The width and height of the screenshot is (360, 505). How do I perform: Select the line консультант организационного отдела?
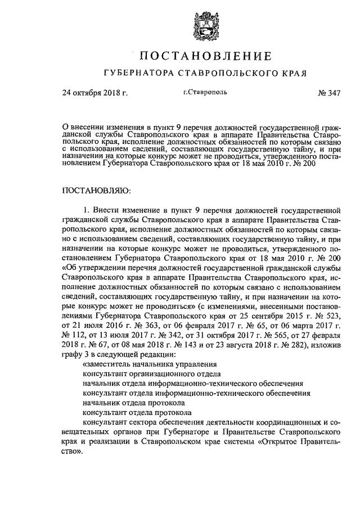(151, 376)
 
